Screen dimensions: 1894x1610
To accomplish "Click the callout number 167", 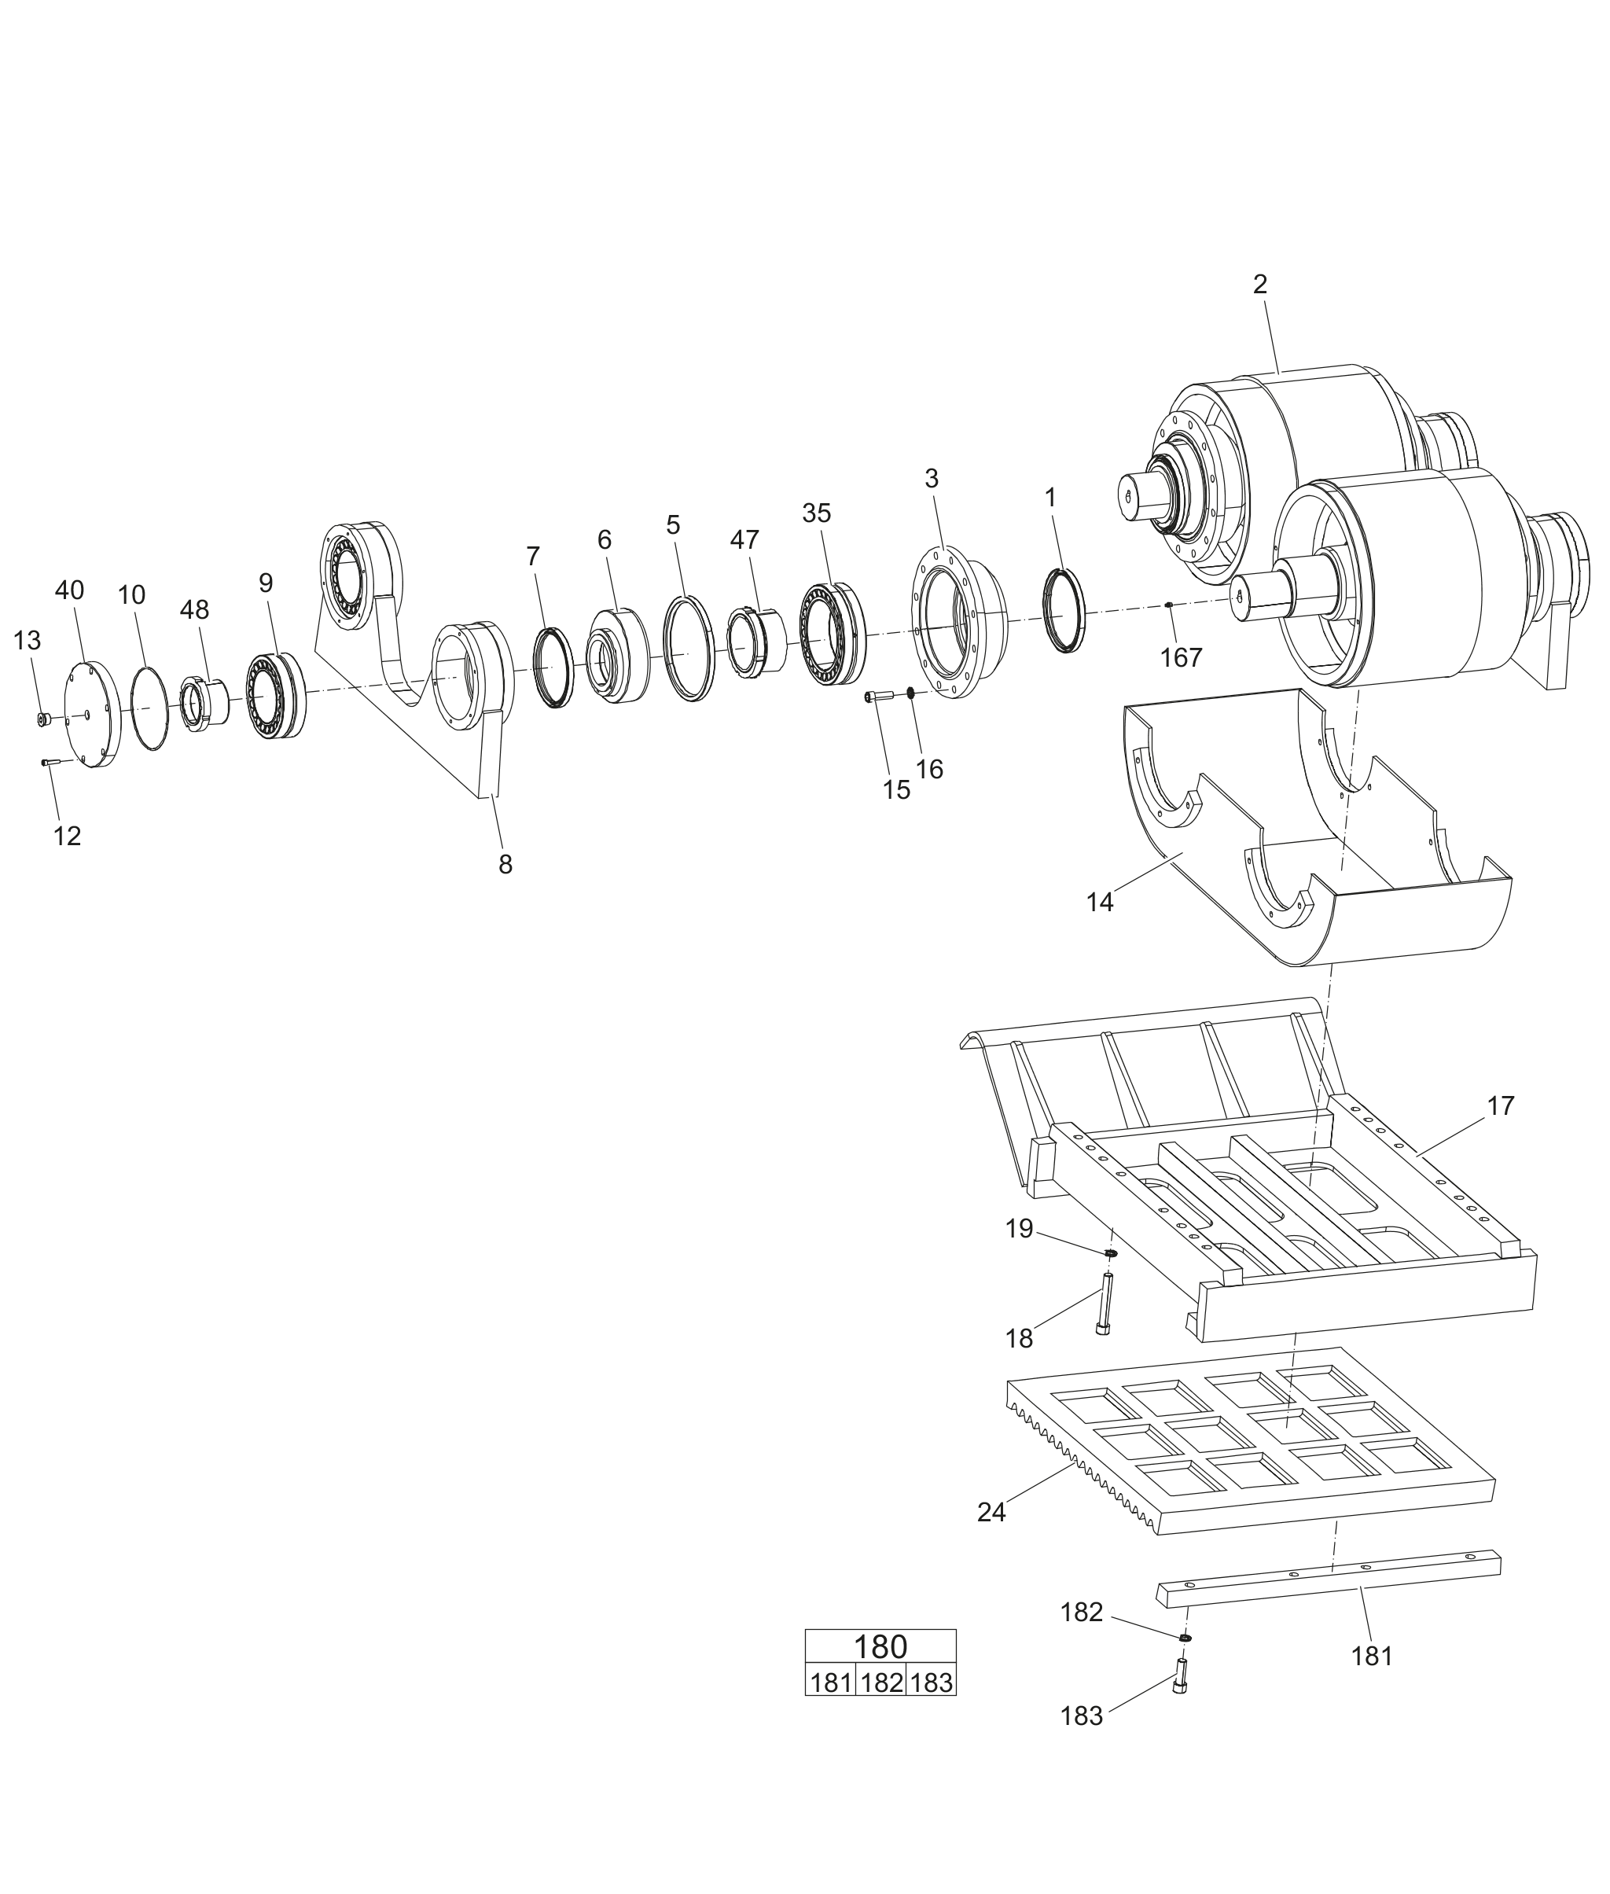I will (1181, 657).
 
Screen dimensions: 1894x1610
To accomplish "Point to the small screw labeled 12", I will (50, 762).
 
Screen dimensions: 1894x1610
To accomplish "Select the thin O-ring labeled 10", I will (149, 708).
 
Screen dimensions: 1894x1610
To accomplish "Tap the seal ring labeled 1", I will (1064, 610).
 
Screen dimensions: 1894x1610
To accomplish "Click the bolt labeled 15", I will (877, 697).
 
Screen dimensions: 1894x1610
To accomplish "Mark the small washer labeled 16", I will (910, 693).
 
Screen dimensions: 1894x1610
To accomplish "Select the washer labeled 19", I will (1111, 1253).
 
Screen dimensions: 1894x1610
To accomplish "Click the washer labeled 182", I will (1185, 1638).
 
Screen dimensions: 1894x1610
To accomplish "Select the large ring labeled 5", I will (689, 647).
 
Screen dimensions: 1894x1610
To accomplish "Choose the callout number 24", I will (991, 1513).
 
